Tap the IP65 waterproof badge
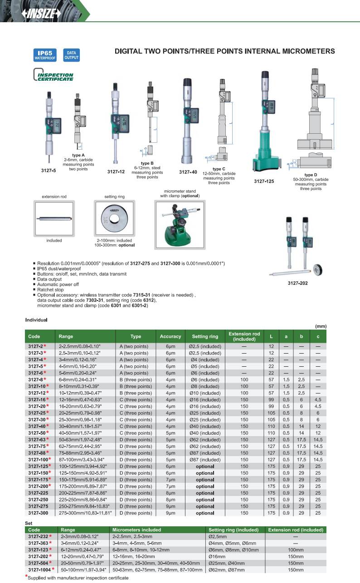(44, 55)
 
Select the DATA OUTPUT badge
(71, 55)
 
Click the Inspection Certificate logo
(54, 75)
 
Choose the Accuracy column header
(170, 336)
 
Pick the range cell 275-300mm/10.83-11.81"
(83, 513)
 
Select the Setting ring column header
(205, 336)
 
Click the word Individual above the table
(36, 320)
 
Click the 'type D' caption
(311, 175)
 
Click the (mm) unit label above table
(321, 326)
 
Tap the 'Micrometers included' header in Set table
(136, 530)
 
